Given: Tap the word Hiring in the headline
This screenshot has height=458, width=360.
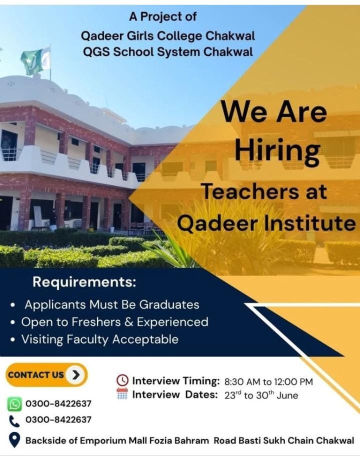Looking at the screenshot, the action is [277, 151].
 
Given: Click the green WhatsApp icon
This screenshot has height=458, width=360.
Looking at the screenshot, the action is [14, 404].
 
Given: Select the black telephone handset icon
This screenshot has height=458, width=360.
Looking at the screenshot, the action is [14, 421].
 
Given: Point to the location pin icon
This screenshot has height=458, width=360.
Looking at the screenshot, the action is [14, 440].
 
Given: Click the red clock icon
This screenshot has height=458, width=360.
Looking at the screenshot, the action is [122, 380].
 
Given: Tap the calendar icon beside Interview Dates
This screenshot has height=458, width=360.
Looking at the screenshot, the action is [122, 393].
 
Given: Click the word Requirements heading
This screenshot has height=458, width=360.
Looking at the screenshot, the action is [84, 282].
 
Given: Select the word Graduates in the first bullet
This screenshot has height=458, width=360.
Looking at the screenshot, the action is [169, 304].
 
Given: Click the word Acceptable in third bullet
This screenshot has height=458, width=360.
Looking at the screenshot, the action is [145, 339].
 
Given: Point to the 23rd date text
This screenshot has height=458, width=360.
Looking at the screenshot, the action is [233, 395].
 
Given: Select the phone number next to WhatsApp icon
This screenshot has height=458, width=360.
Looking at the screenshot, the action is [58, 403].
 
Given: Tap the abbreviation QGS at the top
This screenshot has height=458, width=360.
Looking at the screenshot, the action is [96, 52].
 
